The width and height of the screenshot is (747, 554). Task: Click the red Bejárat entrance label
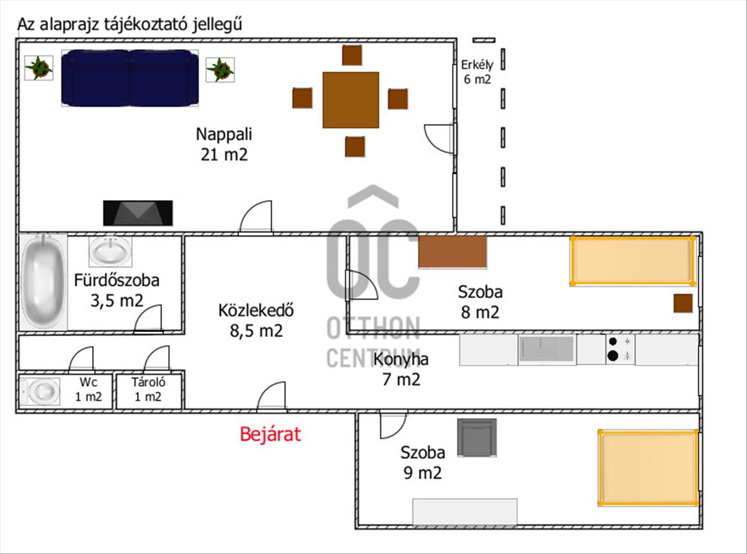tap(270, 434)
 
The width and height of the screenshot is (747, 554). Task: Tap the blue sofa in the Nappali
tap(129, 77)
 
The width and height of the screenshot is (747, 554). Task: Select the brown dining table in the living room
tap(350, 99)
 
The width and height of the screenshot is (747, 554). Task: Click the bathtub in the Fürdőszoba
tap(43, 282)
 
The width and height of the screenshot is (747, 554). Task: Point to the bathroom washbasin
tap(110, 251)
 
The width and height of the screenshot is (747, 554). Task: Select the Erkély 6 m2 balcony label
tap(476, 72)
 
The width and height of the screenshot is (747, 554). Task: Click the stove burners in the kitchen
tap(620, 349)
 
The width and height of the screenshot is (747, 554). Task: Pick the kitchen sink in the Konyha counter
tap(547, 349)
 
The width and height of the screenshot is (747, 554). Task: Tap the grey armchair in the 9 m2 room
tap(477, 437)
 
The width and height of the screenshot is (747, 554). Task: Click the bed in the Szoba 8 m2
tap(632, 261)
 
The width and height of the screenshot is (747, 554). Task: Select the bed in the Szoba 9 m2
tap(647, 467)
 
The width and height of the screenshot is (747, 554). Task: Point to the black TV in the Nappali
tap(138, 213)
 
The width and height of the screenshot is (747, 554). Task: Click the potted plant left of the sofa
tap(39, 68)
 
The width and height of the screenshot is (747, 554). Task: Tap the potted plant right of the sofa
tap(220, 69)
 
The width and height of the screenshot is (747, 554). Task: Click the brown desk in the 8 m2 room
tap(453, 252)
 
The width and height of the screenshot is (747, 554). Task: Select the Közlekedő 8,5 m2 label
tap(256, 320)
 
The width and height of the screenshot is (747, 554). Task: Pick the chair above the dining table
tap(352, 55)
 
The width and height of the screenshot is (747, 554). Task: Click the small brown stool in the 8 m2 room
tap(683, 303)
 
